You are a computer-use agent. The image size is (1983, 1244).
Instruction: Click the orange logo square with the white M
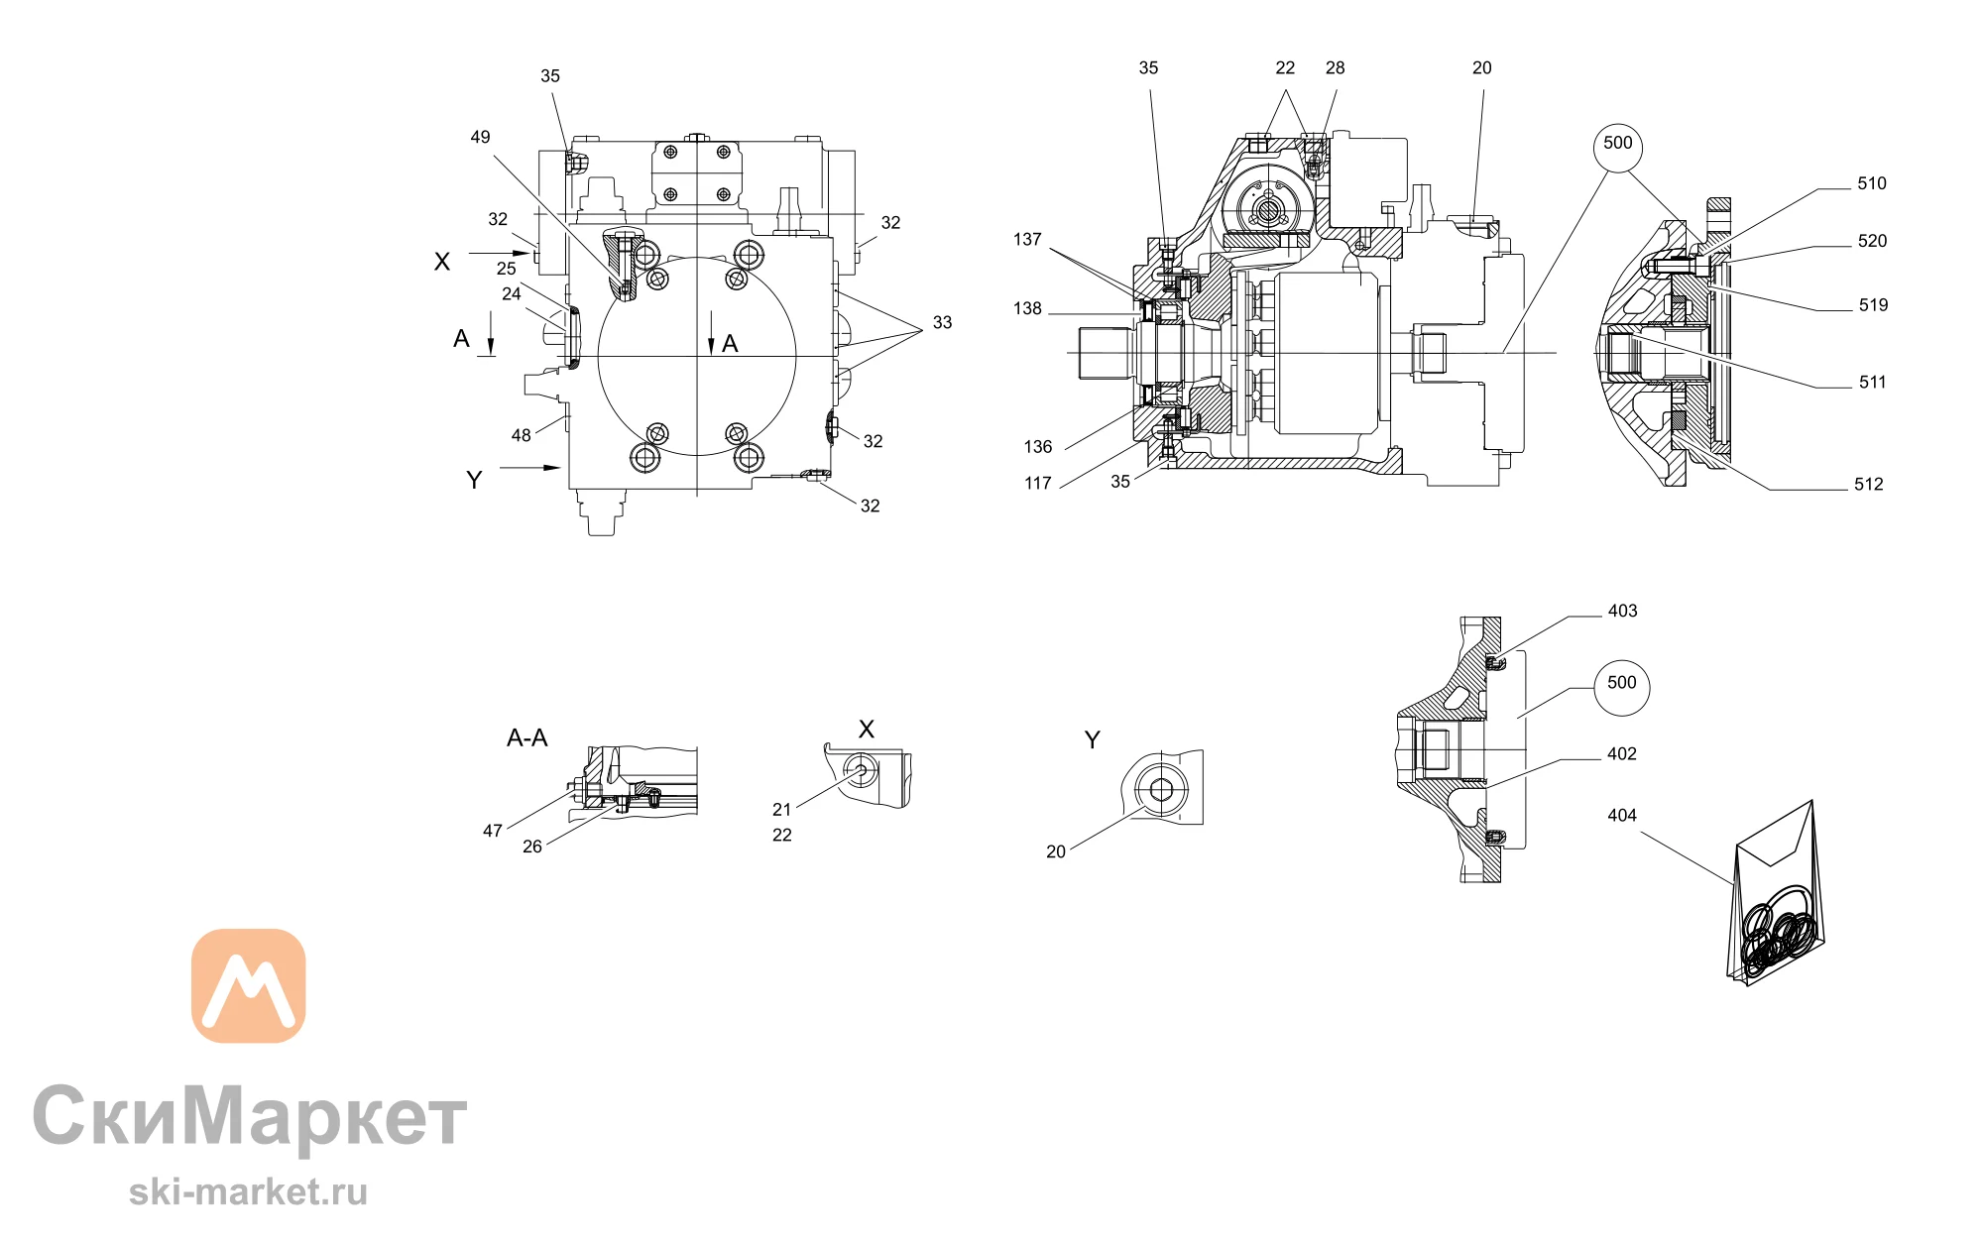coord(248,985)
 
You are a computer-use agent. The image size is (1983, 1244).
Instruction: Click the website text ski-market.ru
coord(248,1191)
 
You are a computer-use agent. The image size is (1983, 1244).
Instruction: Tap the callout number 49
coord(480,137)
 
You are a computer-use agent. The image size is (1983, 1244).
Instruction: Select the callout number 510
coord(1872,183)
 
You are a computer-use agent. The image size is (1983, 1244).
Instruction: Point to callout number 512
coord(1869,484)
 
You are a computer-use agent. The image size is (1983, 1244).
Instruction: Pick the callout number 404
coord(1622,815)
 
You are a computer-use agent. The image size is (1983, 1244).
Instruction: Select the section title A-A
coord(526,737)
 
